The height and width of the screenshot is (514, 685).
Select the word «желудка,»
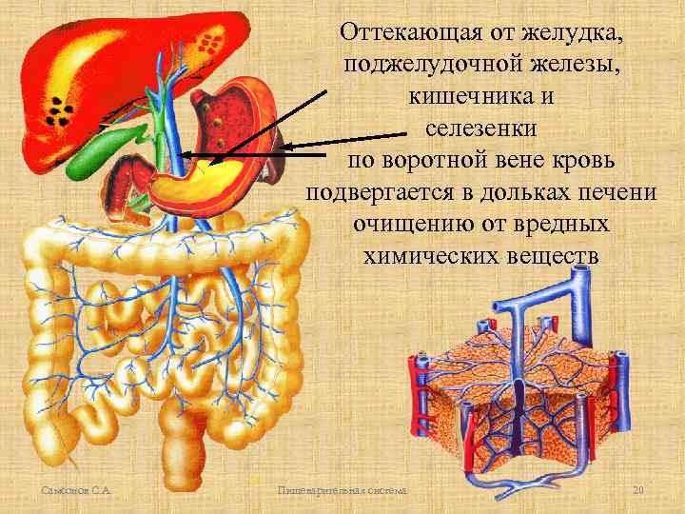point(570,34)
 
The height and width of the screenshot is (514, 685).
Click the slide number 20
point(638,489)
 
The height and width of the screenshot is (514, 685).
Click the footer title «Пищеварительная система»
point(340,489)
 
